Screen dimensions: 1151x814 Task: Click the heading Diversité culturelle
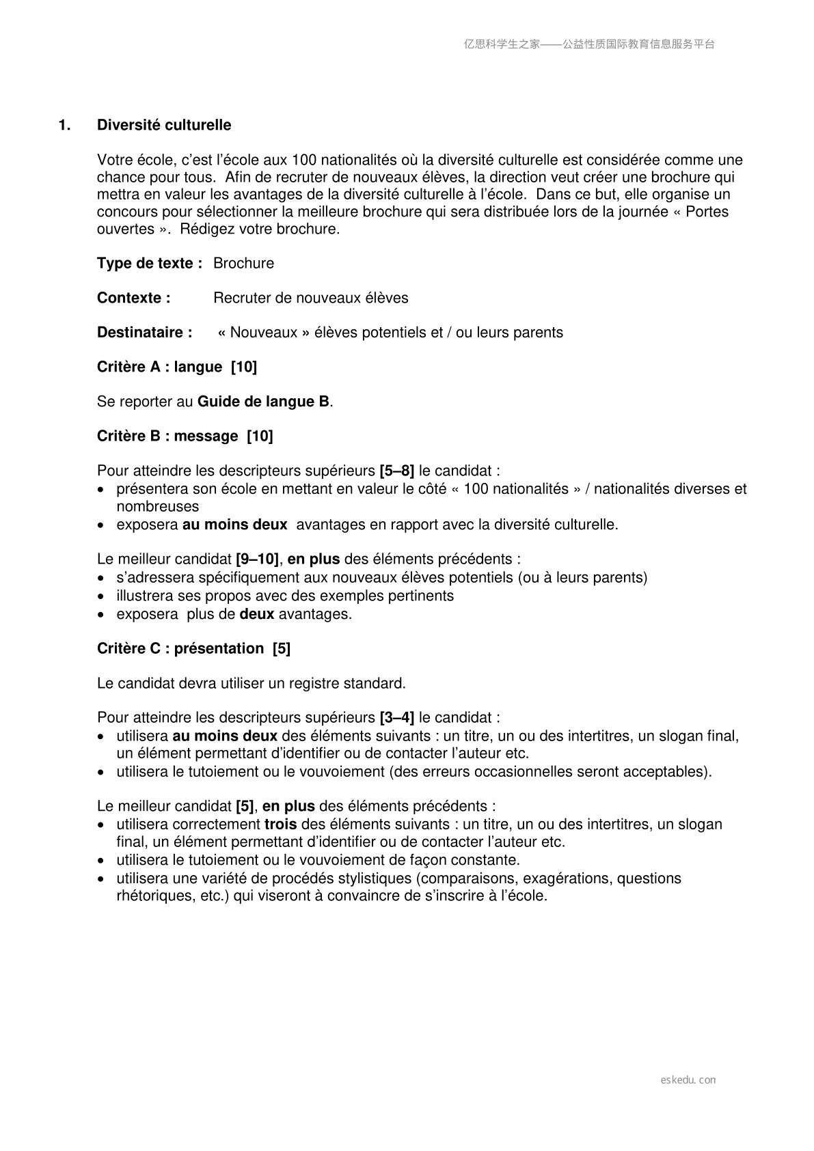(164, 125)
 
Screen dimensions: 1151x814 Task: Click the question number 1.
(64, 125)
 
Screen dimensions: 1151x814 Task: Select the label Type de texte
(149, 264)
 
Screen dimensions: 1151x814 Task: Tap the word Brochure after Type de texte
(243, 264)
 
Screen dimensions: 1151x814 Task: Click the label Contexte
(133, 298)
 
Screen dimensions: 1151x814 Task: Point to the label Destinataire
(144, 333)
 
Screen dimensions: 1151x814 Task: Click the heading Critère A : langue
(177, 367)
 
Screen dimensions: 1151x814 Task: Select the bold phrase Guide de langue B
(263, 402)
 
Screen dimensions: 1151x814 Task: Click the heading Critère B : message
(185, 436)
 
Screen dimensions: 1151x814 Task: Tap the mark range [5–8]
(396, 471)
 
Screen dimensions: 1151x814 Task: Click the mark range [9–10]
(257, 559)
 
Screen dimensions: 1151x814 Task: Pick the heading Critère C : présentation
(193, 648)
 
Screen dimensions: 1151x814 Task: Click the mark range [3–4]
(396, 718)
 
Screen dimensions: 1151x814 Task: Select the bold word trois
(280, 824)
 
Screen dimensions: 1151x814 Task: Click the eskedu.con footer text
(688, 1080)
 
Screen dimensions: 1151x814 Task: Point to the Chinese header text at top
(589, 44)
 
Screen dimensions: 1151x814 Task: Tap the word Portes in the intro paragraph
(707, 212)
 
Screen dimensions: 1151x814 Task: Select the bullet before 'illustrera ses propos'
(101, 596)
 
